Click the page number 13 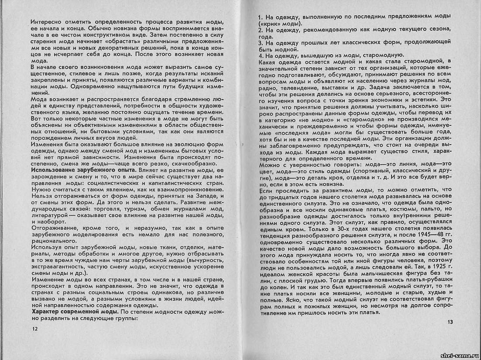click(x=450, y=322)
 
